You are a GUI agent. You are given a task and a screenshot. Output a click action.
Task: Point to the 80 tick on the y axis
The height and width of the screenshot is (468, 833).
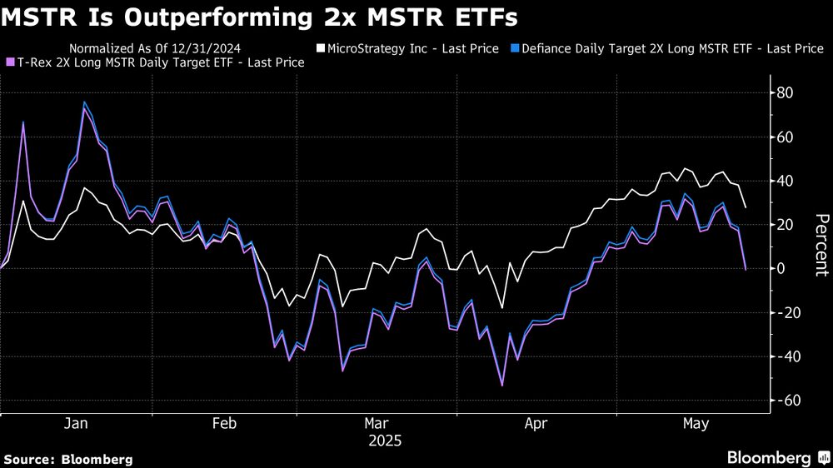[x=784, y=92]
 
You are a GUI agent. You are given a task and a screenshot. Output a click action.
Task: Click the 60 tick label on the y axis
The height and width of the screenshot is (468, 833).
[x=784, y=137]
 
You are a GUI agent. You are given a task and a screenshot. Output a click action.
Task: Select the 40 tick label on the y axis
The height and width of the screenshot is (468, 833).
[x=784, y=181]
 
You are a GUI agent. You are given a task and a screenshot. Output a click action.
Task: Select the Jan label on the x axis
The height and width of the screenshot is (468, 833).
[x=76, y=424]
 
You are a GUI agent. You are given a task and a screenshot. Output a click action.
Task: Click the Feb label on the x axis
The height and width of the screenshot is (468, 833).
[x=225, y=424]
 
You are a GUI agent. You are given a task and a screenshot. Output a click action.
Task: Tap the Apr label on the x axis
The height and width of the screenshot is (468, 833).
[x=536, y=424]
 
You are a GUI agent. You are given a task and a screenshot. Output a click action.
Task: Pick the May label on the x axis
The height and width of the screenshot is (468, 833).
[x=695, y=424]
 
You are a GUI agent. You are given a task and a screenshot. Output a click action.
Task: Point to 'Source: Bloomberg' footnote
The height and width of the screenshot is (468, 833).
[x=68, y=459]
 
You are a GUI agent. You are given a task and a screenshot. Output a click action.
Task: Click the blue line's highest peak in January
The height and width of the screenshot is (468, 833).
[x=84, y=102]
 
